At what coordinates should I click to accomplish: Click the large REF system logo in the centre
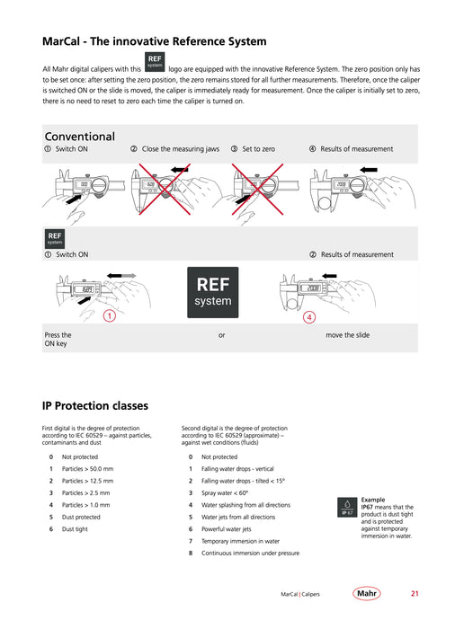coord(212,292)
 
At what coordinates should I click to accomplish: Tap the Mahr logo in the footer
coord(366,593)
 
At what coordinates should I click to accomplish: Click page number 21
coord(415,593)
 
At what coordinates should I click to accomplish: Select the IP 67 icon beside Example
coord(347,507)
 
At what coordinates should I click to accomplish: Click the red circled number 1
coord(109,315)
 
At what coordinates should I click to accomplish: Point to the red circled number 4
coord(309,317)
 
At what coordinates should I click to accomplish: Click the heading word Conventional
coord(79,137)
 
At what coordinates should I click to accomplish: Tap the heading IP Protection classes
coord(95,406)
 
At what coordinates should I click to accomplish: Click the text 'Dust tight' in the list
coord(75,529)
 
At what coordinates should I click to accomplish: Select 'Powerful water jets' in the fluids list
coord(226,529)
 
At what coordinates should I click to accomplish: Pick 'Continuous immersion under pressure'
coord(250,554)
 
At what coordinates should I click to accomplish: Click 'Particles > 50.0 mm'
coord(87,469)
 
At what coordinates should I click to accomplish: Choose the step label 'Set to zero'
coord(259,149)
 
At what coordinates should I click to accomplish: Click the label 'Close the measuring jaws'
coord(181,149)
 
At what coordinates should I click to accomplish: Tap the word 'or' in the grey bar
coord(222,335)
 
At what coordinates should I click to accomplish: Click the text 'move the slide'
coord(348,335)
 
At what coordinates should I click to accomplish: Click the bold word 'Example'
coord(373,500)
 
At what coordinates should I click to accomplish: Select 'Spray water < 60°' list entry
coord(225,493)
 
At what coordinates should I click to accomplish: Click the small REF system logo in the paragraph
coord(155,62)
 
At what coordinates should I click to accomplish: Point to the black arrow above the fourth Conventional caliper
coord(369,170)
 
